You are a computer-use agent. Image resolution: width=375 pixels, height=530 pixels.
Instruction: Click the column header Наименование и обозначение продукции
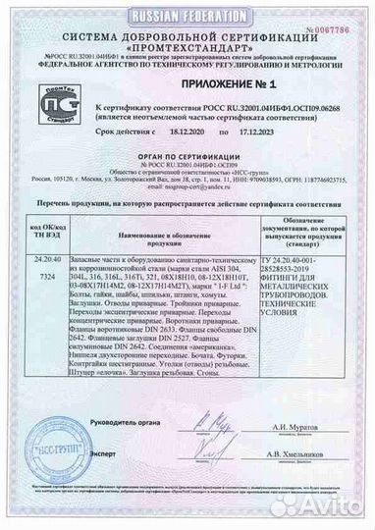coord(185,234)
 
